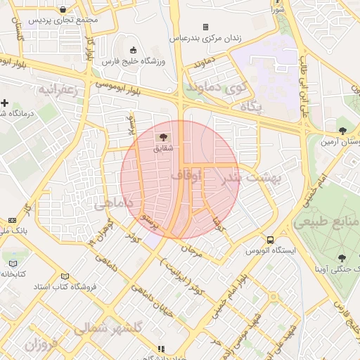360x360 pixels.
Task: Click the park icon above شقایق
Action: pos(163,137)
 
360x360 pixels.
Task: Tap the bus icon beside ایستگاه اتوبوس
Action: pos(271,238)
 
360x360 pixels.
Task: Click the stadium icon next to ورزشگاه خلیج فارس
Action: pos(134,50)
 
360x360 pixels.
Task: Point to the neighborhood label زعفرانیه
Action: pos(56,90)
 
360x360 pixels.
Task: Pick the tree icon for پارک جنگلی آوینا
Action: pos(342,258)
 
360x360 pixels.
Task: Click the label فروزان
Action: pos(40,345)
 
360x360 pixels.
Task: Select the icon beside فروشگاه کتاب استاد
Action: pos(65,276)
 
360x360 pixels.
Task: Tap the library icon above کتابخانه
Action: pos(12,264)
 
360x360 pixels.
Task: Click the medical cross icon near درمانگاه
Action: pos(5,103)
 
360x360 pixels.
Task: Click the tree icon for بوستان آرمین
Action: pos(342,130)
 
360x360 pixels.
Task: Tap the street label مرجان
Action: pos(191,250)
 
